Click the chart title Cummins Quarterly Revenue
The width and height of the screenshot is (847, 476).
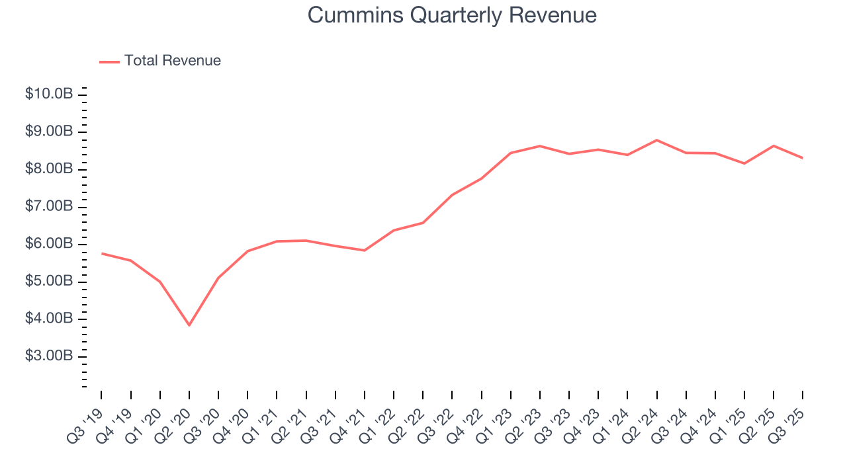pyautogui.click(x=452, y=15)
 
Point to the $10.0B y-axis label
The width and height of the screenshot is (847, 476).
pyautogui.click(x=48, y=95)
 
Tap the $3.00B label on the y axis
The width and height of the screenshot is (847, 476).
pyautogui.click(x=48, y=356)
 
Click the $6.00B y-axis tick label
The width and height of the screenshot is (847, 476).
pyautogui.click(x=48, y=244)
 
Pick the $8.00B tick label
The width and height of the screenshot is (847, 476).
pyautogui.click(x=48, y=169)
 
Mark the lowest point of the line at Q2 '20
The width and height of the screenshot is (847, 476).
pyautogui.click(x=189, y=325)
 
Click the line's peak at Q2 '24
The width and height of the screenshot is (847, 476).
pyautogui.click(x=656, y=140)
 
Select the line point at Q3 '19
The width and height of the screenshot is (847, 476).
pyautogui.click(x=101, y=253)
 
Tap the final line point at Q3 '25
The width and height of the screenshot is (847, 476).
pyautogui.click(x=803, y=158)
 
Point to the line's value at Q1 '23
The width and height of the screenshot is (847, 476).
pyautogui.click(x=511, y=153)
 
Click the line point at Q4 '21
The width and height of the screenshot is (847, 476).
pyautogui.click(x=365, y=251)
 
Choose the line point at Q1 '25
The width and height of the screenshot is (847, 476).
pyautogui.click(x=744, y=163)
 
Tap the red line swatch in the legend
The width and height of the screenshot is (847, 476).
pyautogui.click(x=109, y=61)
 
